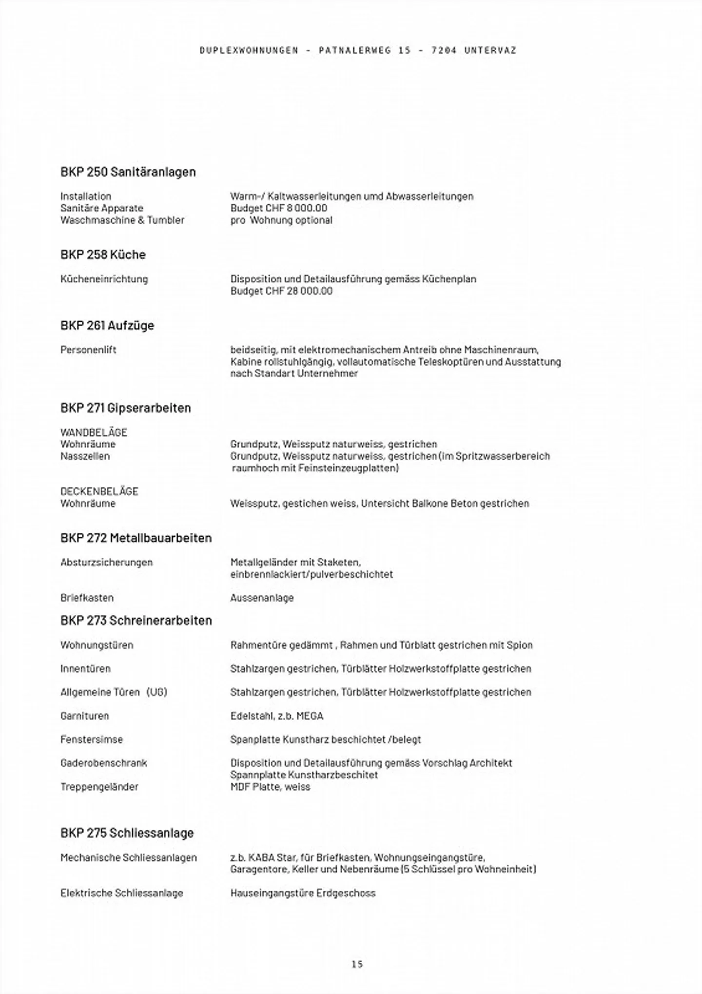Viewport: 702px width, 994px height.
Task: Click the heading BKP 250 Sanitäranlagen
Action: (128, 172)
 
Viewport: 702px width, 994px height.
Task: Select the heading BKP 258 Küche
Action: (103, 254)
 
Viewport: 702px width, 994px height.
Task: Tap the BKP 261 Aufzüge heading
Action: (107, 325)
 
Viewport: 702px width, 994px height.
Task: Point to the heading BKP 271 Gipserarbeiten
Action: (125, 408)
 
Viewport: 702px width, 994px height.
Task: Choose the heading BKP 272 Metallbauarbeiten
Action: (136, 538)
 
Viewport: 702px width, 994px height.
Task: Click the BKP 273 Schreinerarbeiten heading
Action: (136, 621)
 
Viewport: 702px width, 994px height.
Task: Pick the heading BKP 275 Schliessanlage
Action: (127, 833)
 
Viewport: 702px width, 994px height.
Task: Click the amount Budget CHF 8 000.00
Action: (278, 208)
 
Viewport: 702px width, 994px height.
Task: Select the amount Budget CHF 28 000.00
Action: (281, 291)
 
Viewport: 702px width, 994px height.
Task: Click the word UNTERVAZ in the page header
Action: (490, 50)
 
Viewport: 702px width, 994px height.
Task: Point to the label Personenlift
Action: (88, 350)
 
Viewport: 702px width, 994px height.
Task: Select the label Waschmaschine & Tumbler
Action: (122, 220)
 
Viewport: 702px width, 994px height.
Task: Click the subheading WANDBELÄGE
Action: (94, 432)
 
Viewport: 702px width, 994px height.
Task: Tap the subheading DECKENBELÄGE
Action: (99, 491)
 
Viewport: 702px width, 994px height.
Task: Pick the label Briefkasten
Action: (87, 598)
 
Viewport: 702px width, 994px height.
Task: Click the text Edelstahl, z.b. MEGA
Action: (276, 716)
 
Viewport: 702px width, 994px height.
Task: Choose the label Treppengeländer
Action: (99, 787)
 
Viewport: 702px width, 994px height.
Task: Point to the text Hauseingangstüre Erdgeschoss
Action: (303, 893)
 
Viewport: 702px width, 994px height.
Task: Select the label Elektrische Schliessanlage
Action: (121, 893)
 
